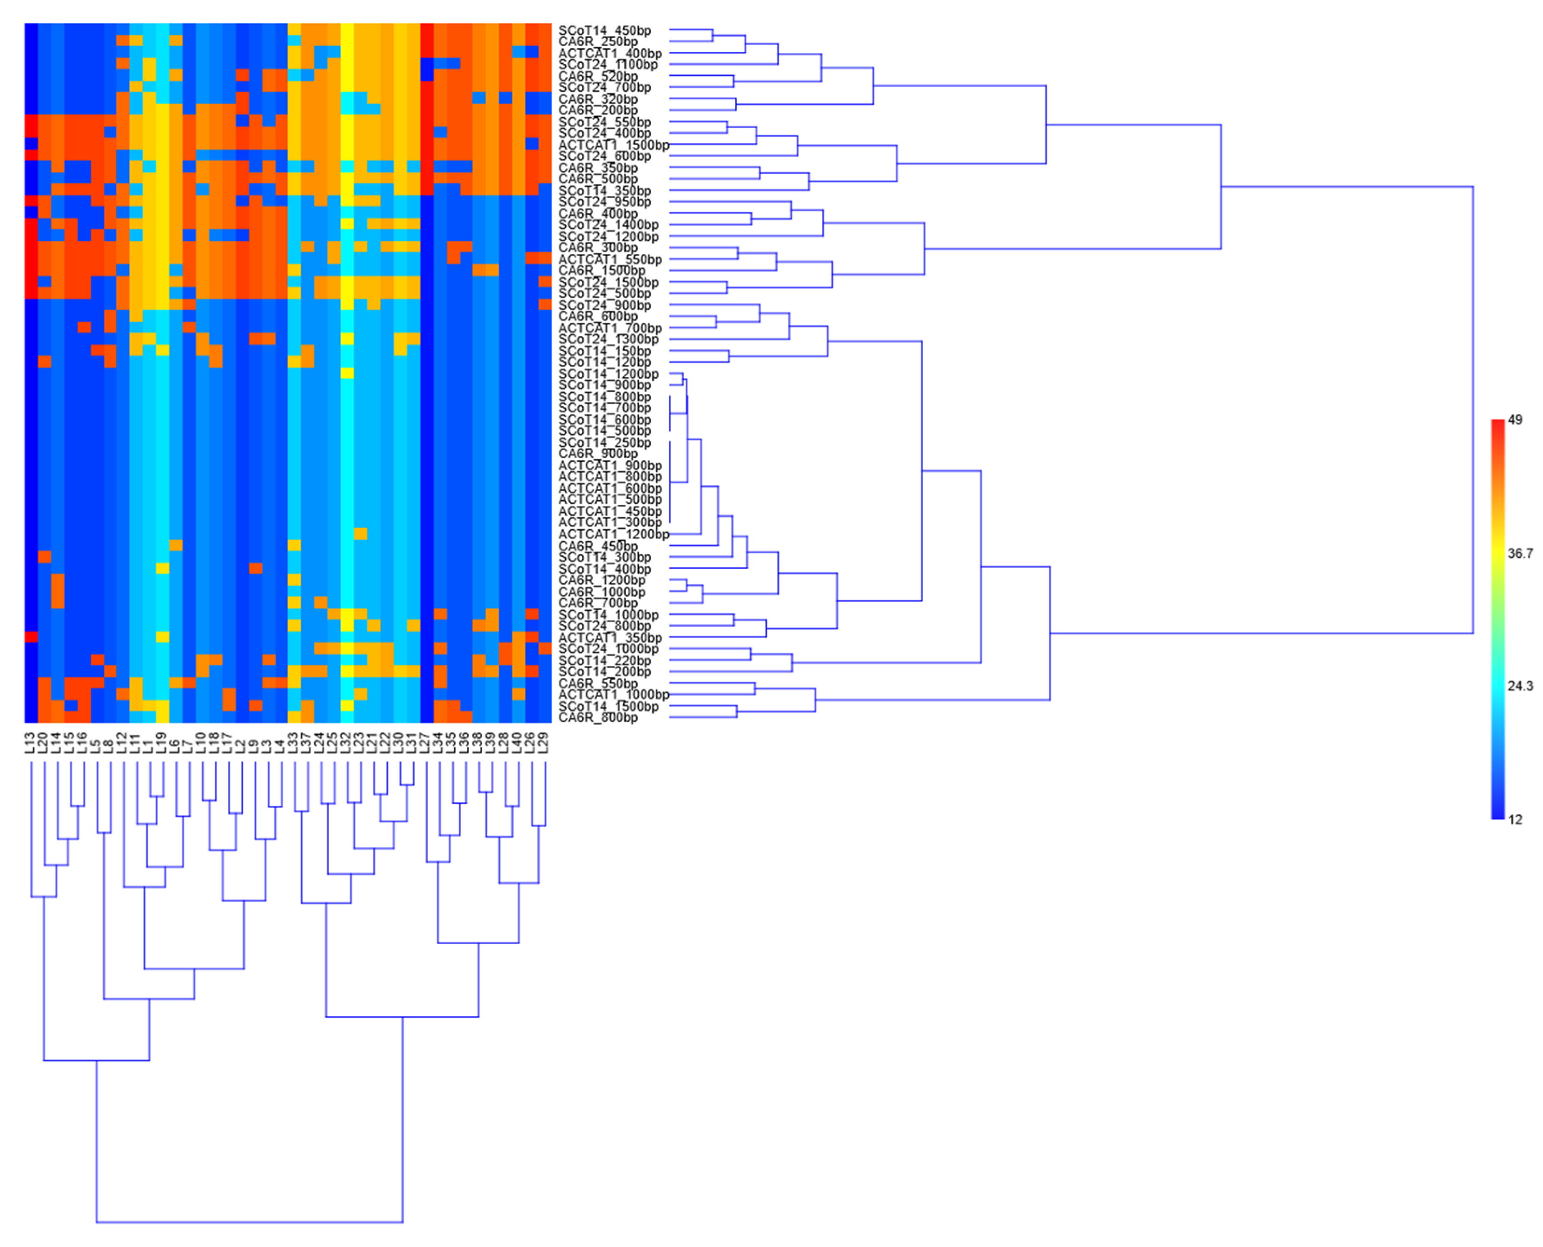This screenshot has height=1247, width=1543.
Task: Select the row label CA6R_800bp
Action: pyautogui.click(x=597, y=718)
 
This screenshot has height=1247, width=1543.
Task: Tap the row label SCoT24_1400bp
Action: pyautogui.click(x=608, y=225)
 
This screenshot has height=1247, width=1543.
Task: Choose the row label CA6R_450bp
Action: pyautogui.click(x=597, y=546)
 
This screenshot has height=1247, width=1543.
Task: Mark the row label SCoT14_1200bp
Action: pyautogui.click(x=608, y=374)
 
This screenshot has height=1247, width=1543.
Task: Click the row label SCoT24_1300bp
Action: pyautogui.click(x=608, y=339)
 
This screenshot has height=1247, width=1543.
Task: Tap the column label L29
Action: pyautogui.click(x=544, y=743)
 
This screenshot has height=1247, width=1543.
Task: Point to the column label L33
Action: pyautogui.click(x=293, y=743)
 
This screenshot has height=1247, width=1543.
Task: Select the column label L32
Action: pyautogui.click(x=346, y=743)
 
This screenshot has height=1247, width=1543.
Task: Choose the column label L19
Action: pyautogui.click(x=161, y=743)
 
